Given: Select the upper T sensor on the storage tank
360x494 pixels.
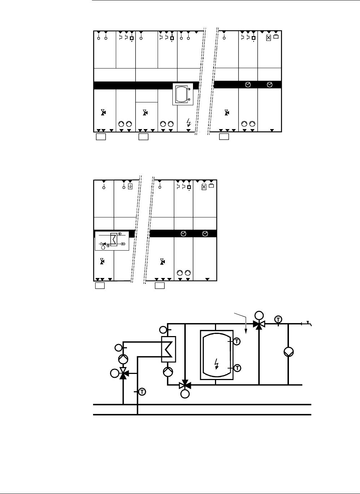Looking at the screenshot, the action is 237,341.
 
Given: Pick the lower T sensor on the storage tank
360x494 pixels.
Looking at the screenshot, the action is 237,368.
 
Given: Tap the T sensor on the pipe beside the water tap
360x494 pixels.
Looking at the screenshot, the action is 278,319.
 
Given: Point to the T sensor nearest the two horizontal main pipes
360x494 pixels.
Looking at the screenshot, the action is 142,392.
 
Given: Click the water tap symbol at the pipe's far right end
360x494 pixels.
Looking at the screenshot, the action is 308,323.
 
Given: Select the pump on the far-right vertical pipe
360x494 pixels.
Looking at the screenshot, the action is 289,352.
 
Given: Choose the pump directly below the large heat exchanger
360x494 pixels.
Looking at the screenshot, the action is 168,372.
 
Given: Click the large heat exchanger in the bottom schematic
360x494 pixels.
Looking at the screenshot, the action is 168,349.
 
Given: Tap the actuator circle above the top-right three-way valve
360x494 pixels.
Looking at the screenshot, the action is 259,316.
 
